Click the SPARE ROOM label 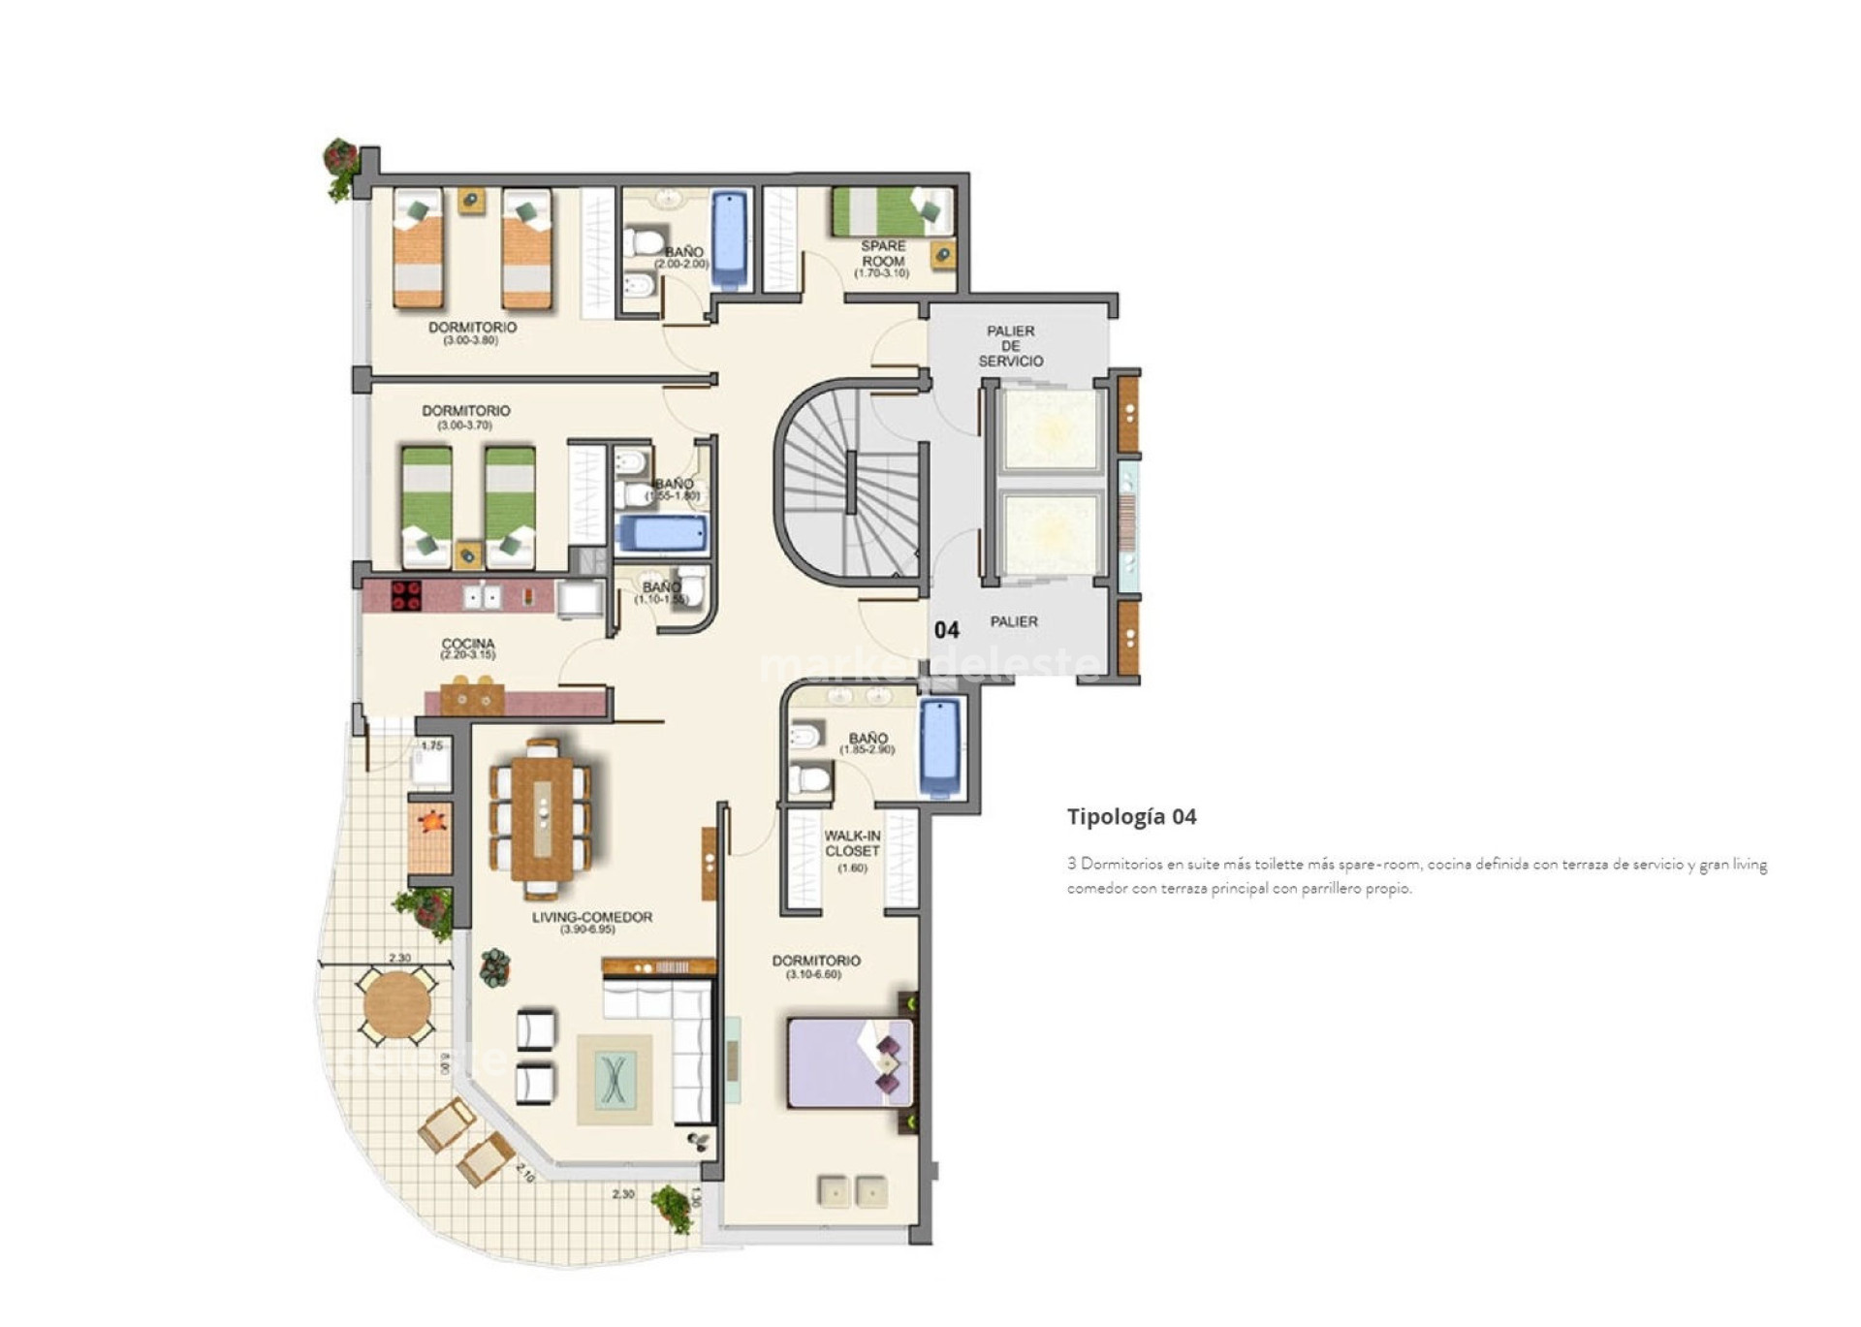[883, 254]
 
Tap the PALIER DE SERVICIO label [1010, 346]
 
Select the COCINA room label [468, 644]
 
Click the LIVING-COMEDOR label [591, 917]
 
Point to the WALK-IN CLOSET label [852, 843]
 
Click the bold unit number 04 [946, 630]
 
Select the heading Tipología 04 [1131, 816]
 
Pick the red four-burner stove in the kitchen [406, 595]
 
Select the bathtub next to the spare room [729, 239]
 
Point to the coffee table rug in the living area [614, 1079]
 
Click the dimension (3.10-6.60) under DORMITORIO [814, 974]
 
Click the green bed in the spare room [890, 211]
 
